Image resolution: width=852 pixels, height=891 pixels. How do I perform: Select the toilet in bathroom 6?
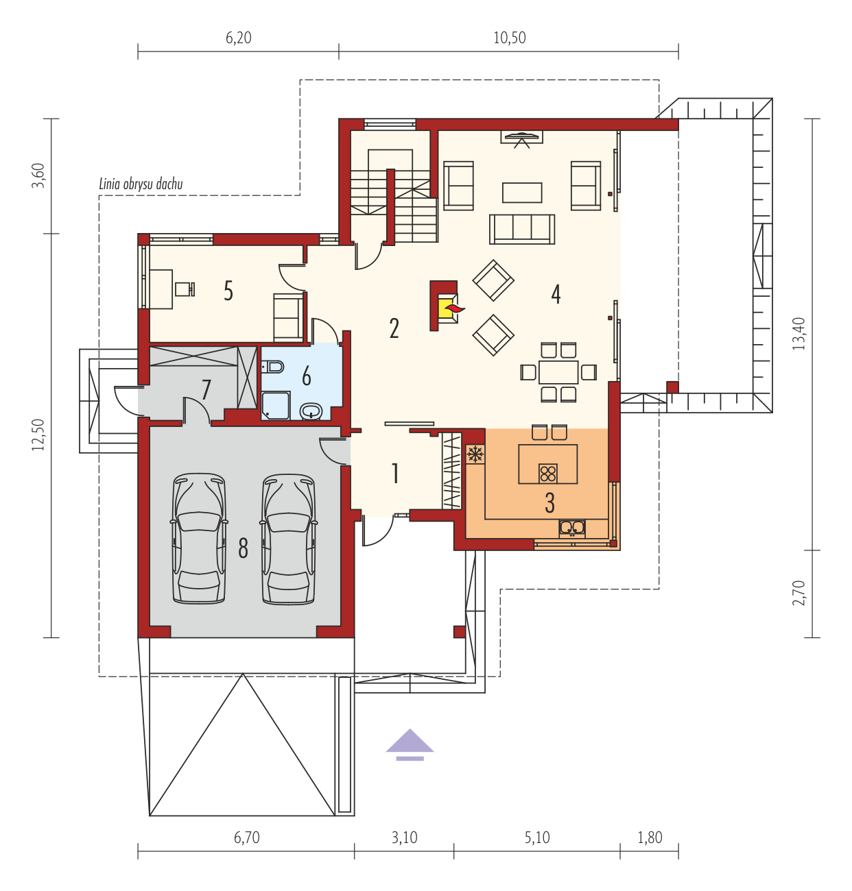coord(273,366)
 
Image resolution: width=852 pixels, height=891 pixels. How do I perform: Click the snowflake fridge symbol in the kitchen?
coord(475,454)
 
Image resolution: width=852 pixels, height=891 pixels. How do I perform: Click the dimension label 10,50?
coord(509,38)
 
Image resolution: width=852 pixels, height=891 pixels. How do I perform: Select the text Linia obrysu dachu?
coord(141,184)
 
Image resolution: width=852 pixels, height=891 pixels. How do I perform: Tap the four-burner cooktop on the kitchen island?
coord(547,474)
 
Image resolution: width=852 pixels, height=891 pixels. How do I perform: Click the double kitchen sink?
coord(571,528)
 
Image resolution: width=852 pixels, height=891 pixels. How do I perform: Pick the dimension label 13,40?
coord(798,334)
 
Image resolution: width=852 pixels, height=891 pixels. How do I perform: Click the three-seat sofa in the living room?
coord(521,229)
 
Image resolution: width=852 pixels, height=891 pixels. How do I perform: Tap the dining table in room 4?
coord(558,371)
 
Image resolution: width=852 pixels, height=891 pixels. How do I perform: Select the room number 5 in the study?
coord(228,291)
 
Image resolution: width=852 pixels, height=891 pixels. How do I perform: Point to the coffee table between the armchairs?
coord(522,193)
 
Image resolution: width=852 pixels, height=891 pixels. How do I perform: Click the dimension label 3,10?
coord(404,838)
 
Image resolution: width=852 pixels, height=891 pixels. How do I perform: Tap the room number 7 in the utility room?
coord(206,389)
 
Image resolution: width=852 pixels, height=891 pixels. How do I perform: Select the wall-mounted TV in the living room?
coord(521,136)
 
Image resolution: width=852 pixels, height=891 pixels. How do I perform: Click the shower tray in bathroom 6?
coord(276,405)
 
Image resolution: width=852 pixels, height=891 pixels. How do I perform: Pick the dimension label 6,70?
coord(246,838)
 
